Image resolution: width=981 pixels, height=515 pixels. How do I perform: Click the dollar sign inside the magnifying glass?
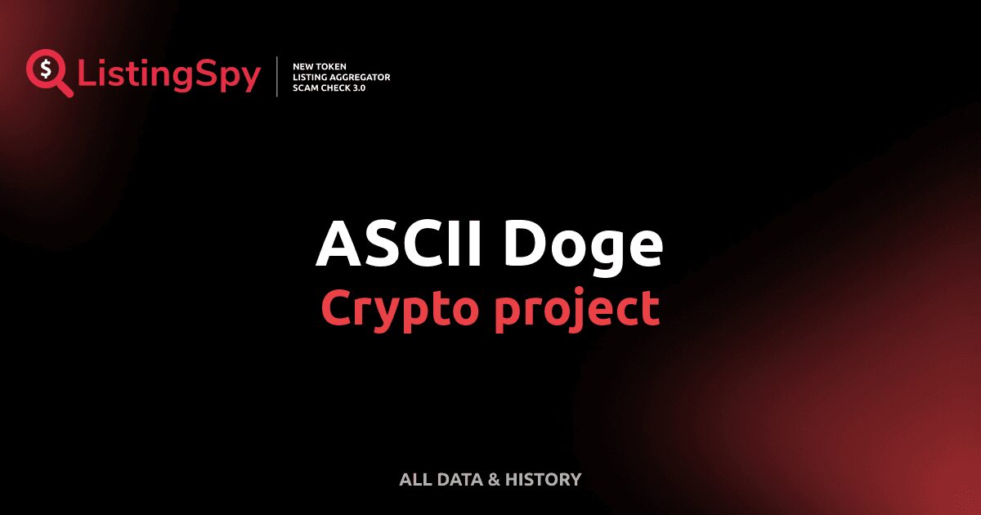(x=45, y=69)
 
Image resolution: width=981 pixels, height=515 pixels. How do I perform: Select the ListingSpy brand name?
(x=169, y=75)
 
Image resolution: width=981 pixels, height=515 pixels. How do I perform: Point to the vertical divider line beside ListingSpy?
(x=277, y=77)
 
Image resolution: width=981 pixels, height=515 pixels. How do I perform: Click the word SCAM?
(x=306, y=87)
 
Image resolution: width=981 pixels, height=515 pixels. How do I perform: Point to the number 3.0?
(x=361, y=87)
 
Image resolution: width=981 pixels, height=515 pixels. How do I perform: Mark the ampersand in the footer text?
(x=493, y=480)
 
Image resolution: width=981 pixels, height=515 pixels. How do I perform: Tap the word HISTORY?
(x=543, y=480)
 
